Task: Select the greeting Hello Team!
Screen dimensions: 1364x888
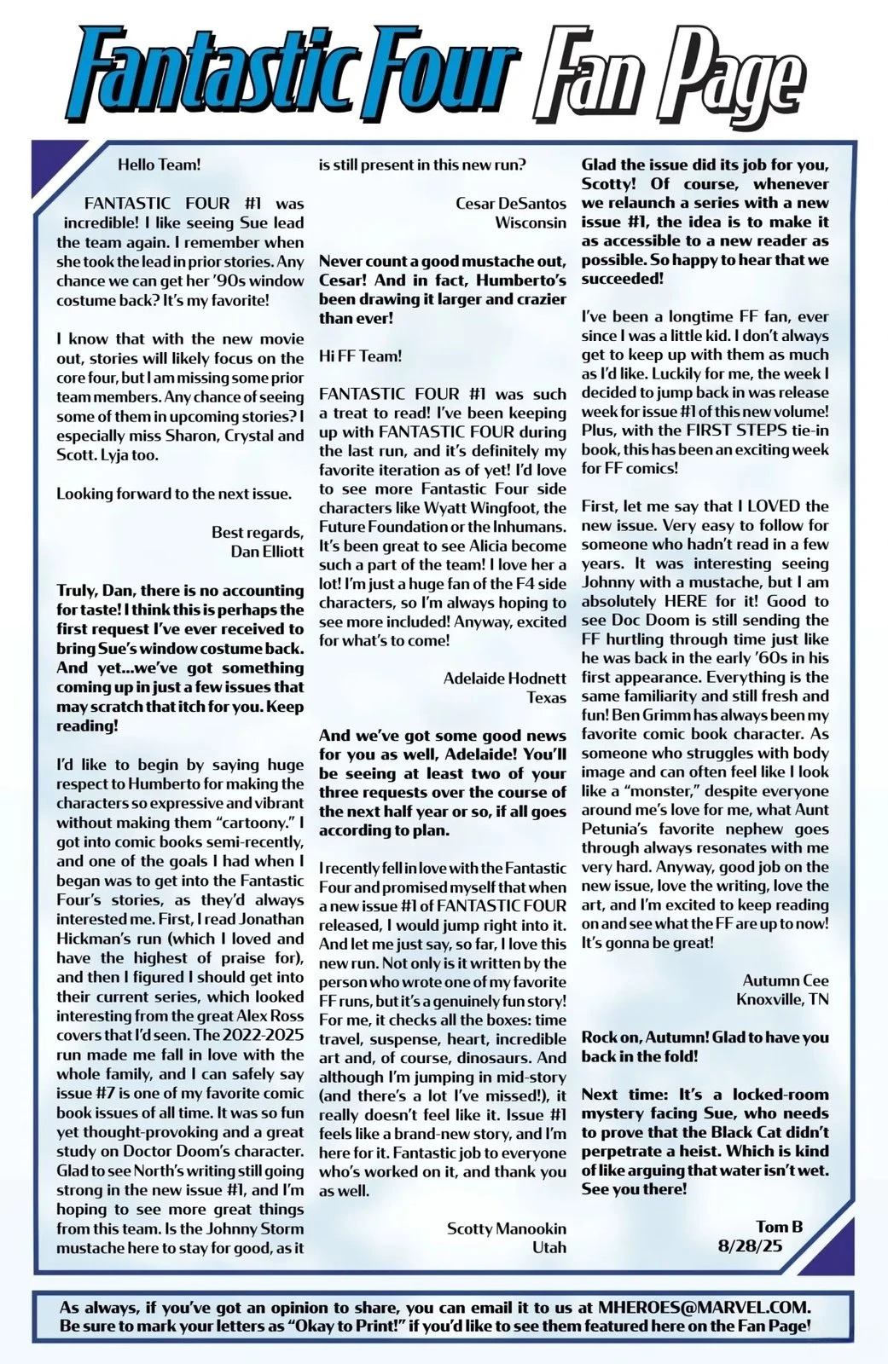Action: tap(159, 165)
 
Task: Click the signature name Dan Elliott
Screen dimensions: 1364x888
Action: tap(267, 551)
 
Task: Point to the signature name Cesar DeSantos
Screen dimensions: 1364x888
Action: tap(511, 203)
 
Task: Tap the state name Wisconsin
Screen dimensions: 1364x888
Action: tap(531, 222)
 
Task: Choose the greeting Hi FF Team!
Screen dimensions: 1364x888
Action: tap(360, 355)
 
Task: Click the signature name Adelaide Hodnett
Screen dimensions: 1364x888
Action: tap(504, 679)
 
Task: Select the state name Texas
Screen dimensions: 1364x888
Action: tap(546, 697)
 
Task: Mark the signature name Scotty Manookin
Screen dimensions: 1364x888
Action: tap(506, 1228)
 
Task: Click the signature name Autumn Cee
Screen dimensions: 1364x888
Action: tap(785, 980)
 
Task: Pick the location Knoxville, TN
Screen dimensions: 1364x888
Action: tap(782, 999)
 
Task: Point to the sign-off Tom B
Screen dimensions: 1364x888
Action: tap(780, 1227)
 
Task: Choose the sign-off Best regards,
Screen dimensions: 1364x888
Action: tap(258, 532)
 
